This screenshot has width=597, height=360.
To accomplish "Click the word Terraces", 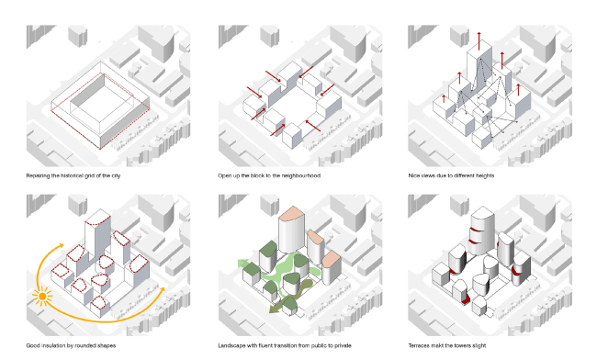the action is click(x=422, y=345).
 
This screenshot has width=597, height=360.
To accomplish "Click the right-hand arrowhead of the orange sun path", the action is click(x=163, y=290).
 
